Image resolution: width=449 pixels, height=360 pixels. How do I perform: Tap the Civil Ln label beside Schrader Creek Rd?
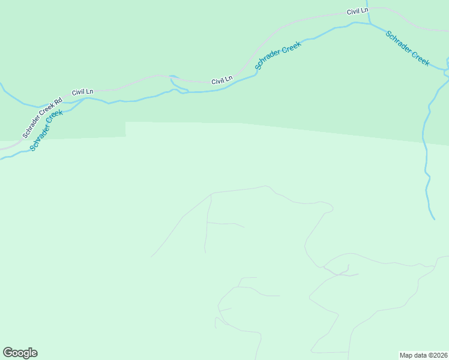pos(82,92)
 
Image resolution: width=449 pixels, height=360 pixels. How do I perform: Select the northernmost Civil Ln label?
pos(357,11)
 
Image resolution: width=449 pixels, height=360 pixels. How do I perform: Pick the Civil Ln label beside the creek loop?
pos(221,80)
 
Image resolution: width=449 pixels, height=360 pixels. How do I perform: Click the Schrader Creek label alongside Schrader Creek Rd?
pos(46,130)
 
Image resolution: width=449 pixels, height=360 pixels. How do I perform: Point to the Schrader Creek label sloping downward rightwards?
pos(408,48)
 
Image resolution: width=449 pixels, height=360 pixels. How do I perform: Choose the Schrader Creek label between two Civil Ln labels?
pos(277,55)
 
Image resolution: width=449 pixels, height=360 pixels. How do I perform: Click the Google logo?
pos(20,353)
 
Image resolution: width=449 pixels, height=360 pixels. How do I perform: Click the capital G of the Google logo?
pos(8,352)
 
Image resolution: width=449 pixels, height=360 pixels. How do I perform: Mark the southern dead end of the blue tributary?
pos(433,219)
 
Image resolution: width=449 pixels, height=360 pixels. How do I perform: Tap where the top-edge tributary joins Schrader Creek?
pos(369,23)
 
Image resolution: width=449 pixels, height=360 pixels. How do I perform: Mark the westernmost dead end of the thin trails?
pos(151,257)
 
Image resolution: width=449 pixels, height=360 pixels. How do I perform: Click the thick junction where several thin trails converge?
pos(340,274)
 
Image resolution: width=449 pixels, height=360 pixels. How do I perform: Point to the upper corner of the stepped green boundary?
pos(125,122)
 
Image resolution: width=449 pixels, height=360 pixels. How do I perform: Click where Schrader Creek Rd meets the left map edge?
pos(1,146)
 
